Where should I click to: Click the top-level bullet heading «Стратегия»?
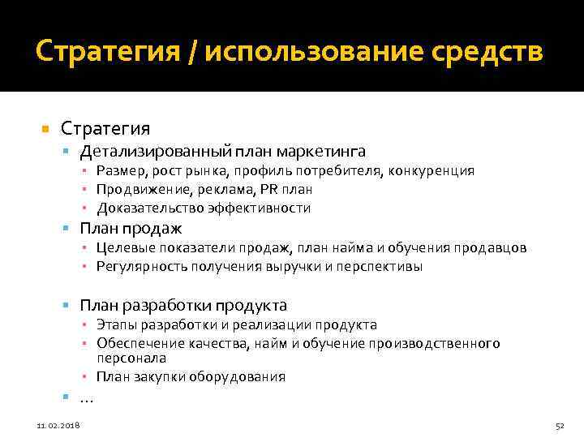point(105,128)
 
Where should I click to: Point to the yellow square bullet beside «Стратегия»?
point(45,129)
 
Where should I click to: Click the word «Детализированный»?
point(153,152)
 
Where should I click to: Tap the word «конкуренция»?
point(431,171)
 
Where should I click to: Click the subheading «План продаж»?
point(131,229)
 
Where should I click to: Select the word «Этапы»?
point(115,325)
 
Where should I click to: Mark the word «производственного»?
point(445,344)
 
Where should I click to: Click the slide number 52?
point(559,424)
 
